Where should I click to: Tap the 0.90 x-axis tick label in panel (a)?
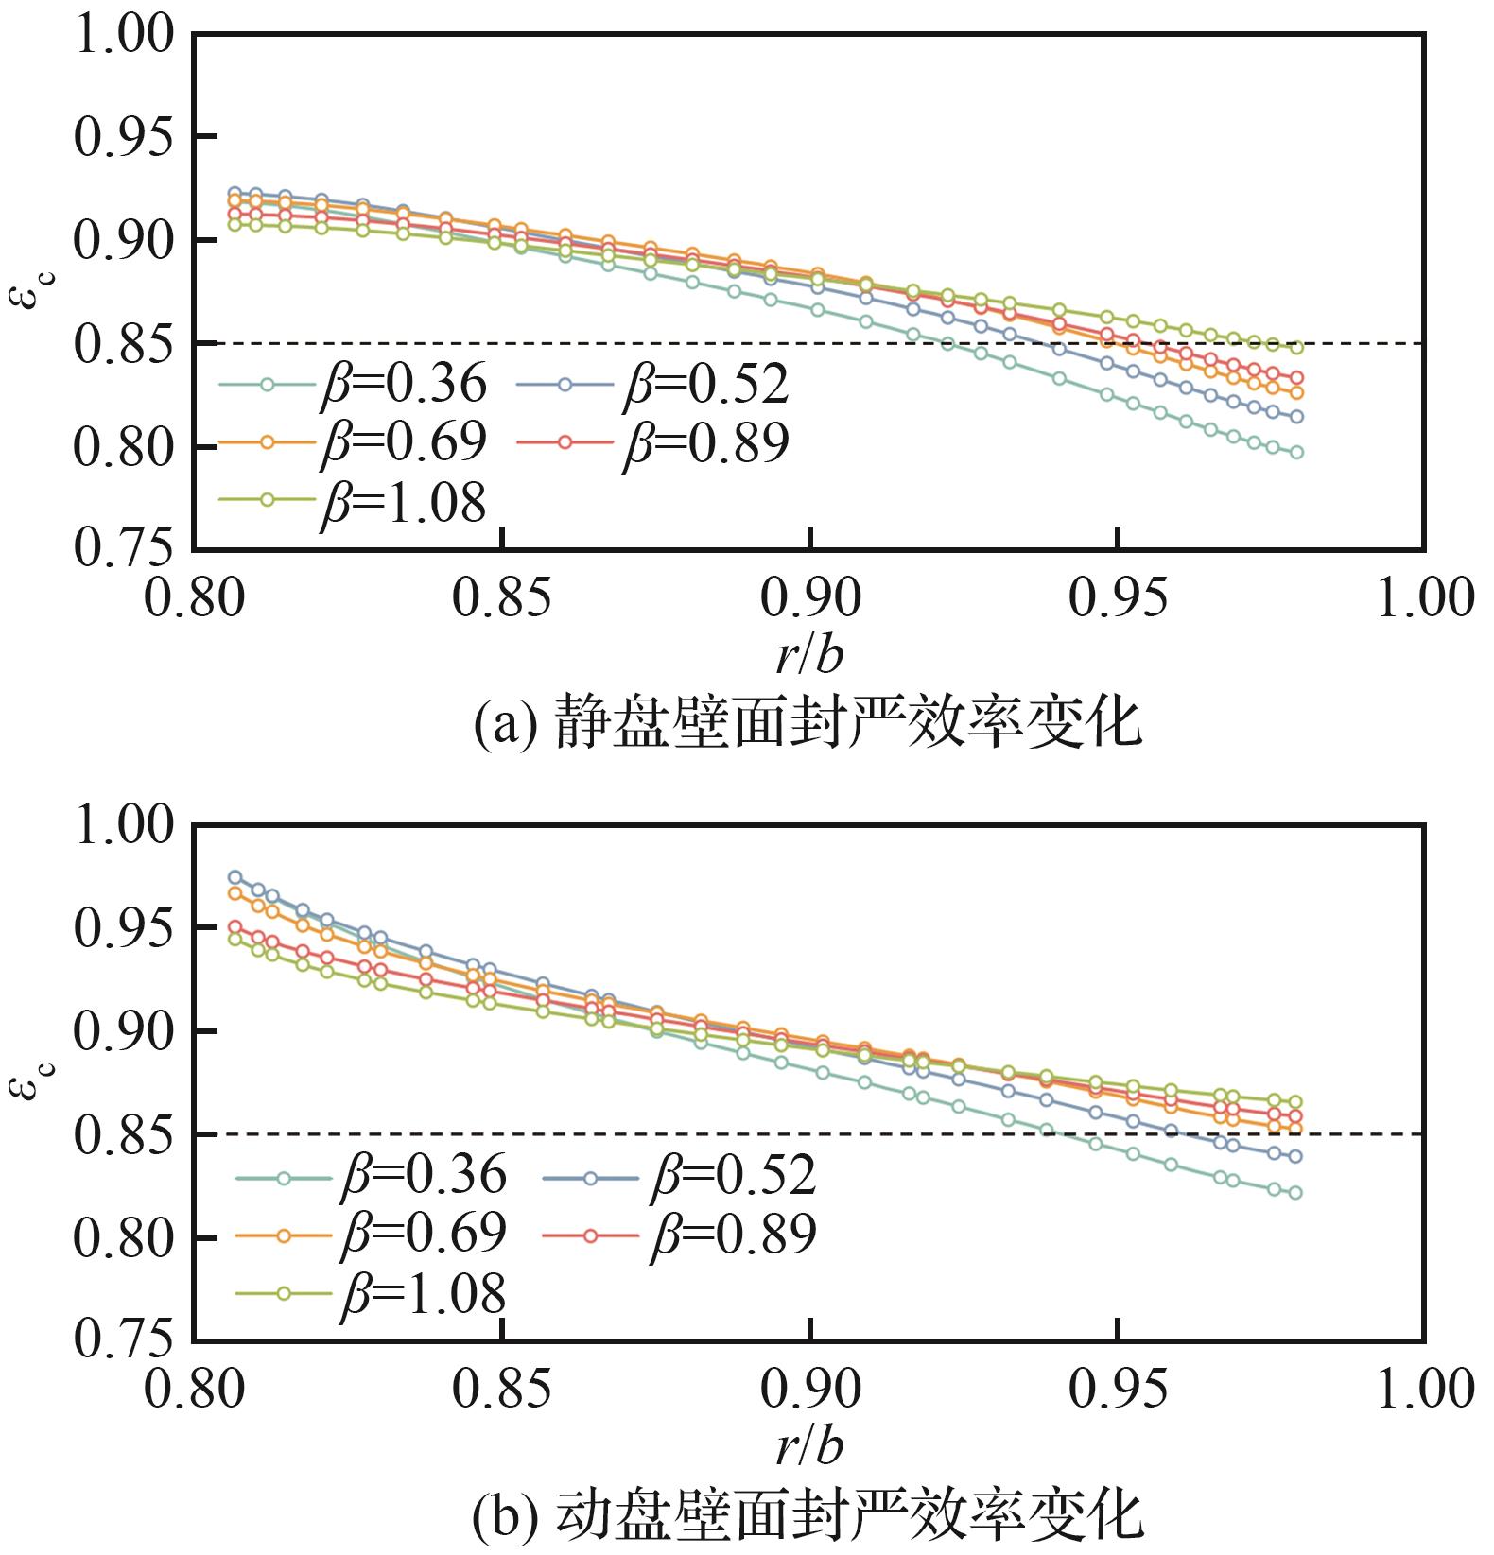coord(810,599)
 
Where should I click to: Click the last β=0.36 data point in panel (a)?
coord(1296,453)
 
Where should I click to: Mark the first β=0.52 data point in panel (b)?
coord(235,877)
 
